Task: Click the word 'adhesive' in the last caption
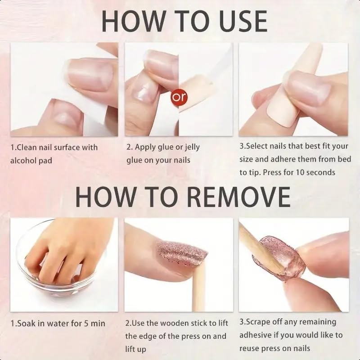[257, 335]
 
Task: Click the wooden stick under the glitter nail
[198, 288]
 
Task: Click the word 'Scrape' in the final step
[261, 322]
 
